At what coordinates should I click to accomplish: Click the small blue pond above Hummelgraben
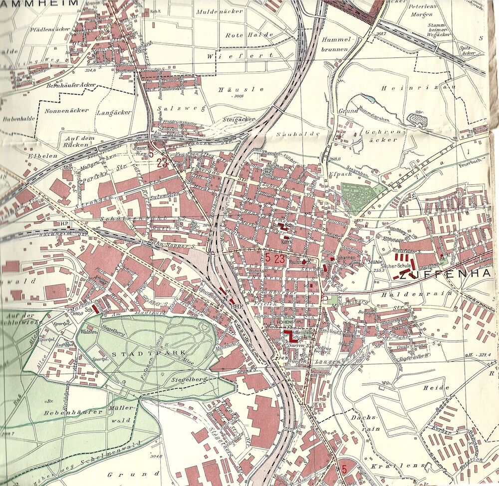(x=369, y=99)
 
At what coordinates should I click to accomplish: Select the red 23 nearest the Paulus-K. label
(x=280, y=259)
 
